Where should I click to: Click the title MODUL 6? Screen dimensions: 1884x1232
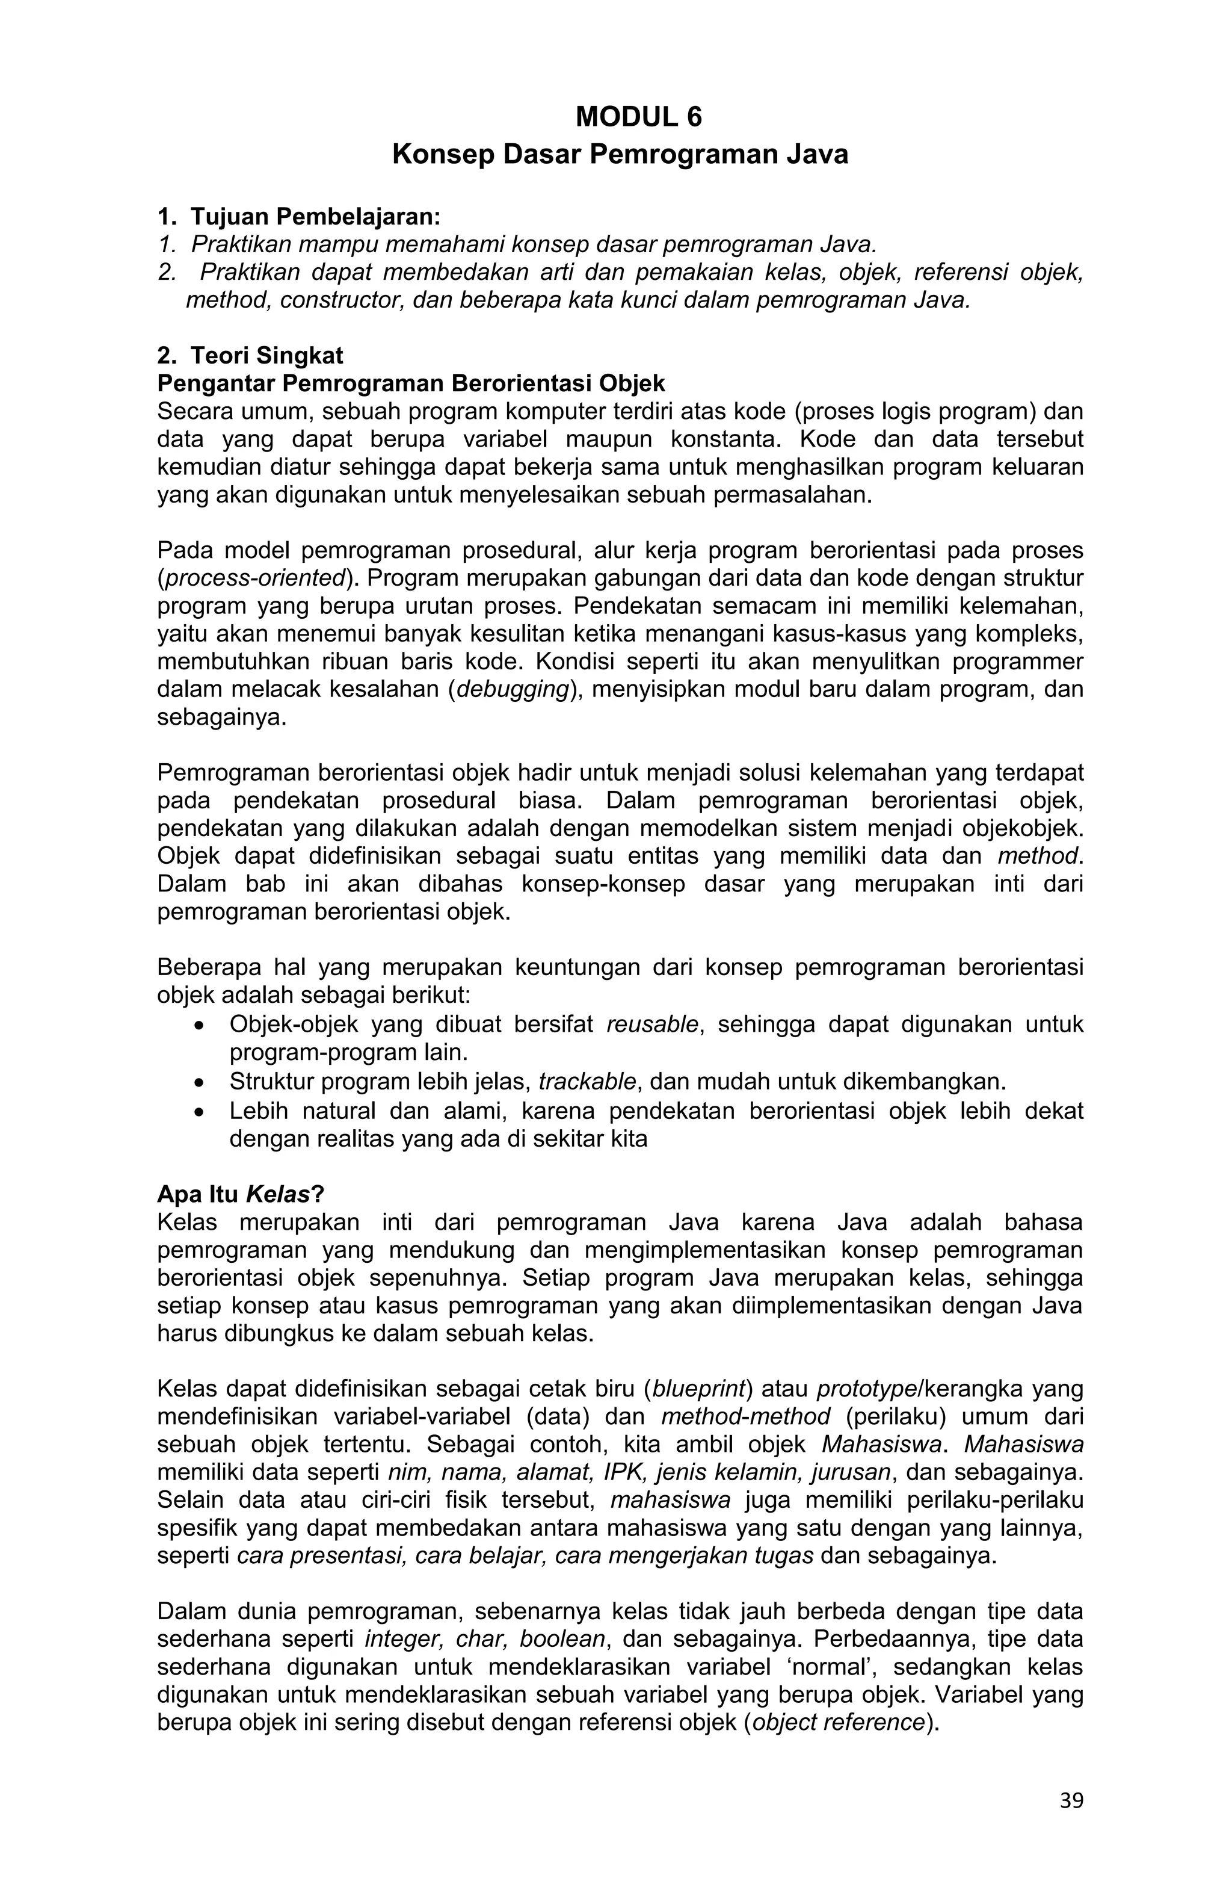click(x=638, y=117)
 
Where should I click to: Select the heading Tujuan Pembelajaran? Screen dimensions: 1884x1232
click(x=314, y=216)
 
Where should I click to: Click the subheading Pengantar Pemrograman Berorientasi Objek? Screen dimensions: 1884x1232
click(x=411, y=383)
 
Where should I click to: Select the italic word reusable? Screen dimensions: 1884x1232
click(x=652, y=1024)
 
